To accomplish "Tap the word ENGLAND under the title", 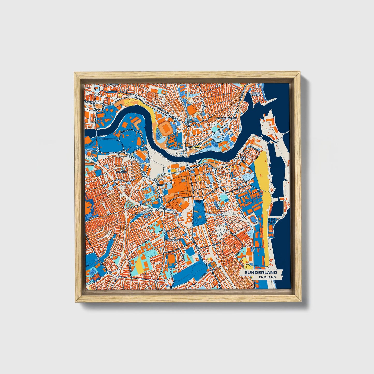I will point(267,277).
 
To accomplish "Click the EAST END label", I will point(243,158).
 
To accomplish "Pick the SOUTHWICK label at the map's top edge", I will point(112,85).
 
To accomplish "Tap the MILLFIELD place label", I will point(122,172).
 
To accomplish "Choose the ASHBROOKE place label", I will point(174,240).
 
